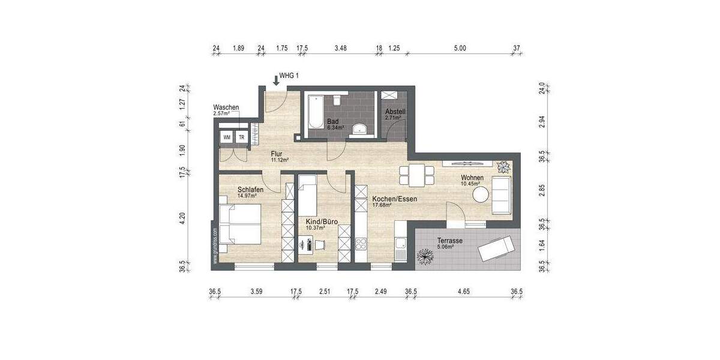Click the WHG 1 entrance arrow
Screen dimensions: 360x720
pos(275,79)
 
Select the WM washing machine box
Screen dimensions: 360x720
pos(226,137)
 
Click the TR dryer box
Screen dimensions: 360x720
pos(242,137)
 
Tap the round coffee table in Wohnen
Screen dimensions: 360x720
pos(481,194)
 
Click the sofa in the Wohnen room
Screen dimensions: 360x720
pos(502,194)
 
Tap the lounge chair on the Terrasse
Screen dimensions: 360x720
pos(496,248)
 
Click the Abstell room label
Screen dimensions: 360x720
pos(395,112)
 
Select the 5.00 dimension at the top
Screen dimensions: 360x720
pos(460,47)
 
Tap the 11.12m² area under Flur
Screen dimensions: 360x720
pos(279,160)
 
